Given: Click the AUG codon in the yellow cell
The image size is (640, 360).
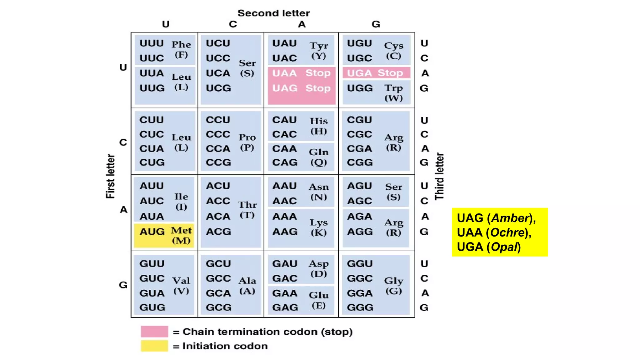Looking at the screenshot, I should tap(152, 232).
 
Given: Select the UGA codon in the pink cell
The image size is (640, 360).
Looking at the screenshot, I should tap(359, 73).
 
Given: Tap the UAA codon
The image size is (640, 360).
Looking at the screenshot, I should tap(284, 73).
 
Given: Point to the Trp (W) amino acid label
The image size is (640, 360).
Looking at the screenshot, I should tap(393, 93).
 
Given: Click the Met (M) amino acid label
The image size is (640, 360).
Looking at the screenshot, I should tap(181, 235).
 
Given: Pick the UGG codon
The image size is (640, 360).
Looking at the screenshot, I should tap(360, 88).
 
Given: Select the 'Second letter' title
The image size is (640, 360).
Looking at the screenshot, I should tap(273, 13).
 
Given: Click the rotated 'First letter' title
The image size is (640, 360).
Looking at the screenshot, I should tap(110, 176).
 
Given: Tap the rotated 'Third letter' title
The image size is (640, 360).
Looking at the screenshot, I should tap(439, 176).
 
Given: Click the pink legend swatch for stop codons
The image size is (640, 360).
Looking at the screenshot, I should tap(154, 332).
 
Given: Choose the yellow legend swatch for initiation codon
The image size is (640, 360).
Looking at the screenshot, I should tap(154, 346).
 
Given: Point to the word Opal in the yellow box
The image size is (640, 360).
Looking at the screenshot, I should tap(504, 247).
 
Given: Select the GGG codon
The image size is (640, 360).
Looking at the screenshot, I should tap(360, 307).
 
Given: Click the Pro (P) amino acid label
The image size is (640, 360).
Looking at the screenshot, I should tap(247, 142).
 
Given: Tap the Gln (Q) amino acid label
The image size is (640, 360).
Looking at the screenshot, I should tap(319, 157).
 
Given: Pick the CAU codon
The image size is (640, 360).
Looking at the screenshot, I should tap(284, 120).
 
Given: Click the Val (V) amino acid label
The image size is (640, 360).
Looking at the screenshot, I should tap(181, 285).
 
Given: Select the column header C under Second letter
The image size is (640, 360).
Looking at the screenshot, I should tap(233, 24).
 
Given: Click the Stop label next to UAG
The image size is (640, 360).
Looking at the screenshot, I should tap(318, 88).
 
